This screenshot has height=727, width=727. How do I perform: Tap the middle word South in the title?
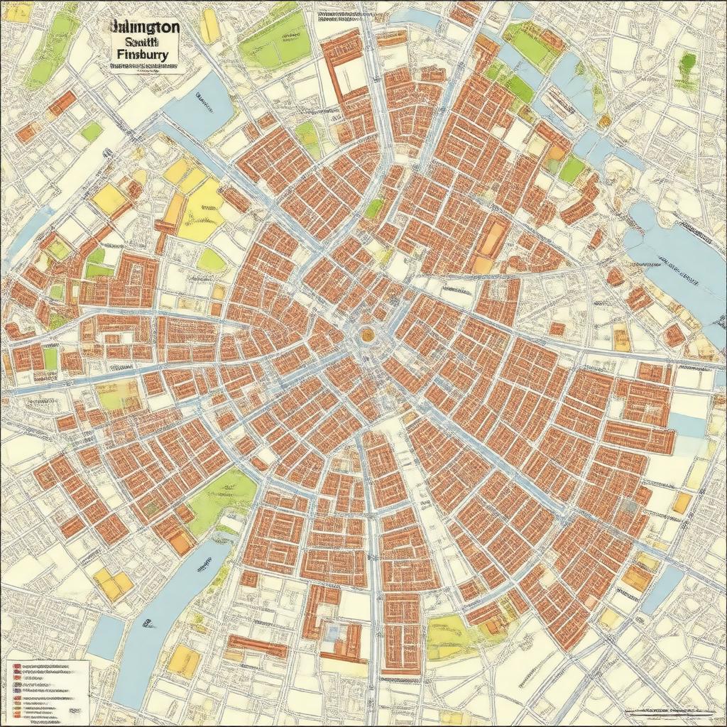click(143, 40)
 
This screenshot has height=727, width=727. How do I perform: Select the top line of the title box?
click(144, 26)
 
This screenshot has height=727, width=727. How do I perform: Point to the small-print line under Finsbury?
click(143, 67)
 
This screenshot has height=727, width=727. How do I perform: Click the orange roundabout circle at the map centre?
click(367, 334)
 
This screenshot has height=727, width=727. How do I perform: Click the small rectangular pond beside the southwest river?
click(106, 635)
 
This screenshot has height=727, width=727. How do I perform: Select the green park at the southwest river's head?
click(220, 497)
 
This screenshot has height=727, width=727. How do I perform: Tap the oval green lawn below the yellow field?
click(211, 260)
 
